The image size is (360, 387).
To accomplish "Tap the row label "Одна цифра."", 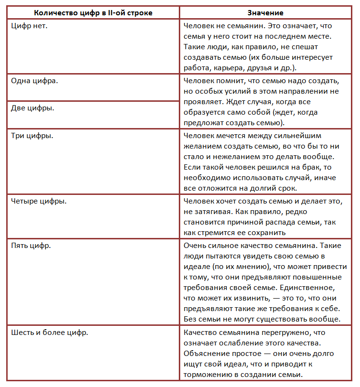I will click(34, 80).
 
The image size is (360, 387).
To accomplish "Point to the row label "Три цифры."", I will click(32, 136).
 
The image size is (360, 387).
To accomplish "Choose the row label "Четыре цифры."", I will click(39, 201).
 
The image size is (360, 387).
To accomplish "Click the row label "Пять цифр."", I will click(31, 245).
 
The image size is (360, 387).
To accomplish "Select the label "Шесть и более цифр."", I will click(49, 332).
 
